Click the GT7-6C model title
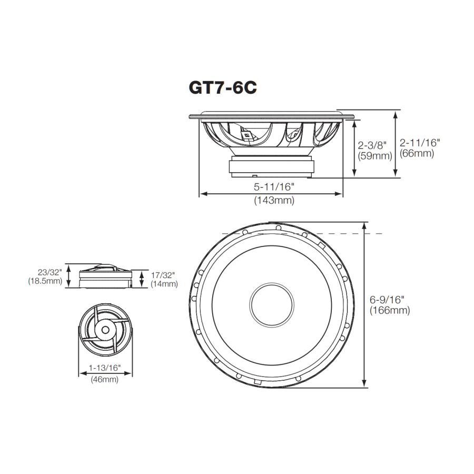pyautogui.click(x=222, y=87)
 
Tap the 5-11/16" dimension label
pyautogui.click(x=274, y=186)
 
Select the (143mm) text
pyautogui.click(x=274, y=200)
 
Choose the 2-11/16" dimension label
pyautogui.click(x=419, y=142)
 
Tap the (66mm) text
pyautogui.click(x=417, y=153)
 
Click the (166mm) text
pyautogui.click(x=390, y=310)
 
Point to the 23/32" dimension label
pyautogui.click(x=51, y=272)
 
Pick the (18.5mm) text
pyautogui.click(x=45, y=281)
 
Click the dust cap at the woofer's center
pyautogui.click(x=271, y=304)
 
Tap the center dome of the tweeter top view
pyautogui.click(x=105, y=330)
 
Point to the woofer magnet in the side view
pyautogui.click(x=272, y=166)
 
